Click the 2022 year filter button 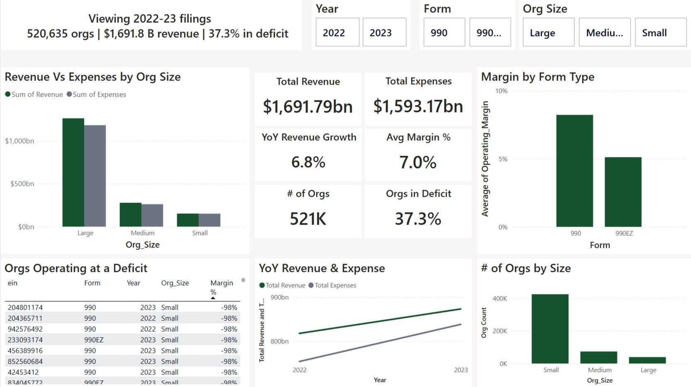coord(337,32)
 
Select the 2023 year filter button coord(384,32)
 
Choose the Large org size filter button coord(548,32)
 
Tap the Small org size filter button coord(660,32)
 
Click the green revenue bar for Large coord(73,172)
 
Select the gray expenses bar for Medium coord(152,215)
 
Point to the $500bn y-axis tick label coord(22,184)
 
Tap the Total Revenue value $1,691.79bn coord(308,107)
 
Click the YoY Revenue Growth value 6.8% coord(308,162)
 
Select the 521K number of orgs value coord(308,219)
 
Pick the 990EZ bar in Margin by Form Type coord(623,192)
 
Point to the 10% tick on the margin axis coord(501,91)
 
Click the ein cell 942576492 coord(25,329)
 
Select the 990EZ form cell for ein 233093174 coord(94,340)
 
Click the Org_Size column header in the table coord(175,283)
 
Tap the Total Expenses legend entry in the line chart coord(335,285)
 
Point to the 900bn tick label coord(279,297)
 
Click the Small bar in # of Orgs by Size coord(550,329)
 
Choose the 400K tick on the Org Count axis coord(500,299)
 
